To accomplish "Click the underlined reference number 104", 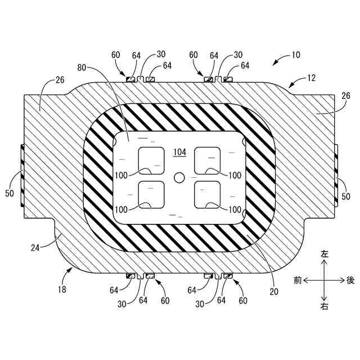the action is pyautogui.click(x=179, y=152).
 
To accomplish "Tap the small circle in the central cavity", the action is pyautogui.click(x=179, y=178).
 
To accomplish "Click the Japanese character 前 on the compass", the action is pyautogui.click(x=297, y=280).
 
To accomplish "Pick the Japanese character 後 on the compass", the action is pyautogui.click(x=350, y=280).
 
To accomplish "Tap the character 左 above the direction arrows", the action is pyautogui.click(x=324, y=254).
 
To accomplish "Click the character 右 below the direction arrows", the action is pyautogui.click(x=324, y=307).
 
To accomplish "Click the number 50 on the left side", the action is pyautogui.click(x=10, y=193).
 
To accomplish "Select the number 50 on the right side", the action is pyautogui.click(x=346, y=196).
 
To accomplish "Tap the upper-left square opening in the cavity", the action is pyautogui.click(x=151, y=160).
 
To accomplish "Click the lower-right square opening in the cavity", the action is pyautogui.click(x=207, y=195).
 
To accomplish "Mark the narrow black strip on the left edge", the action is pyautogui.click(x=22, y=175).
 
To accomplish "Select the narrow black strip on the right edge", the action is pyautogui.click(x=336, y=175).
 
